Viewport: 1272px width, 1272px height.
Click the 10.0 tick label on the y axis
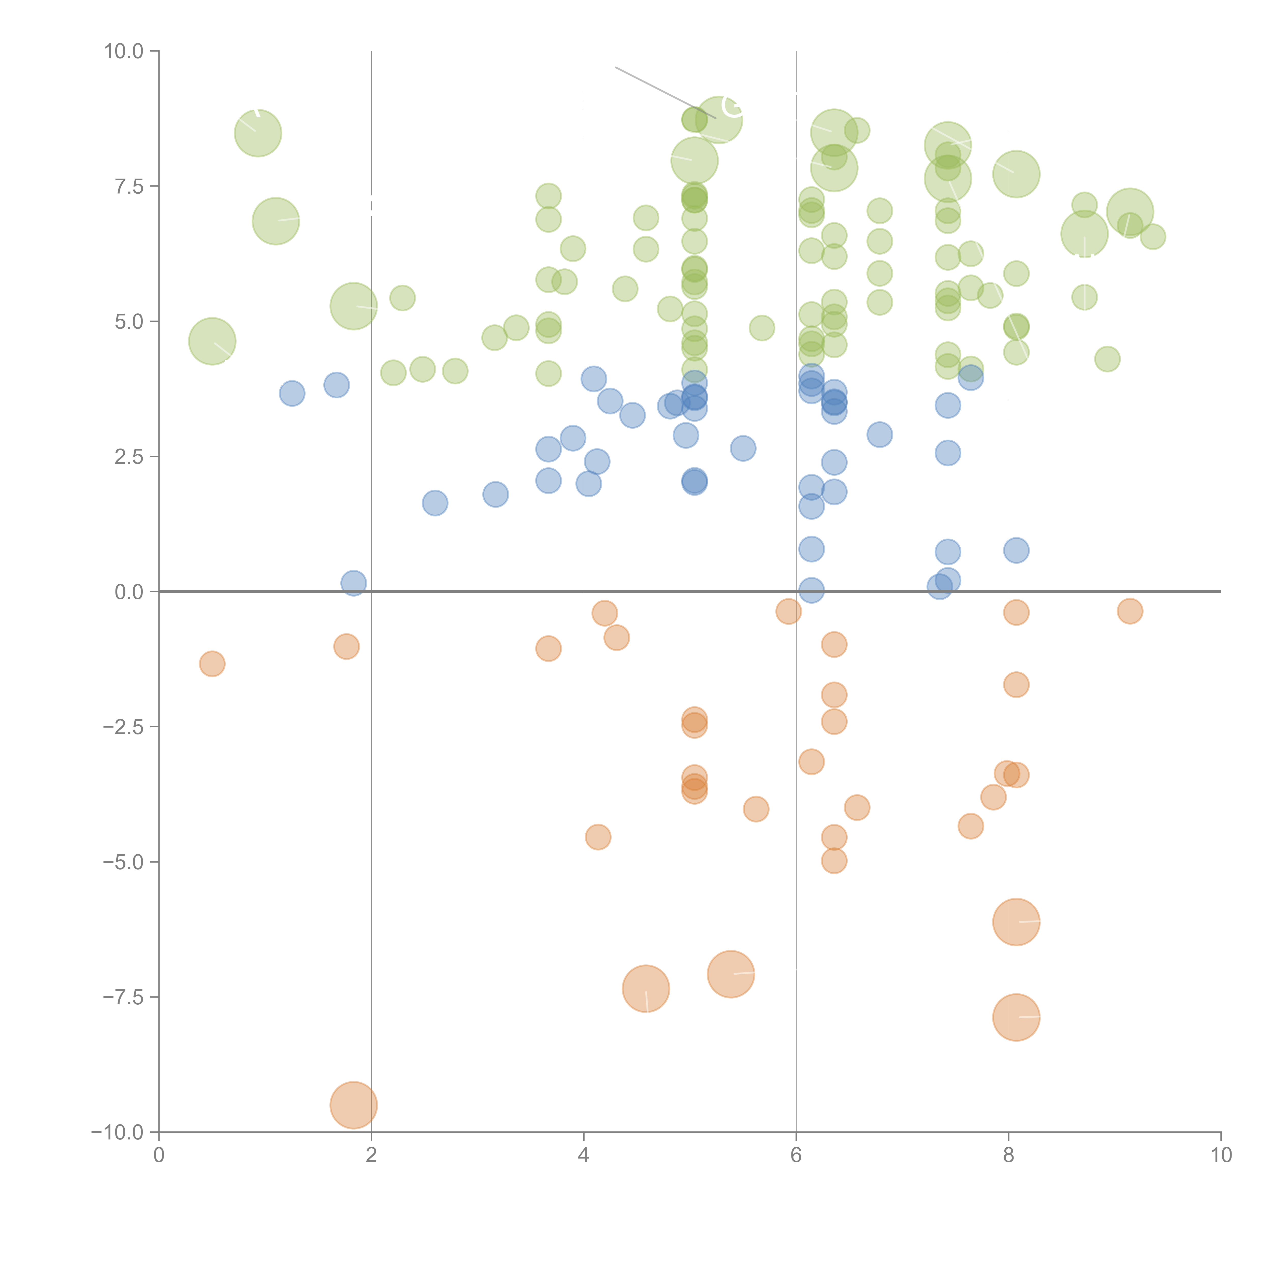click(x=124, y=51)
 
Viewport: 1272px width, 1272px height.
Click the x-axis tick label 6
click(x=796, y=1155)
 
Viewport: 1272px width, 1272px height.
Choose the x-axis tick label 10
click(x=1221, y=1155)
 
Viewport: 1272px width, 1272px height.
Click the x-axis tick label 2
click(x=371, y=1155)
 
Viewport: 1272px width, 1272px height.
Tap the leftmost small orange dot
click(x=212, y=664)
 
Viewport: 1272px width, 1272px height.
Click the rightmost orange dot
click(x=1130, y=611)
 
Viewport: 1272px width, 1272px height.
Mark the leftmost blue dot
click(x=292, y=394)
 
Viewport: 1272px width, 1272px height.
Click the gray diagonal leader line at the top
click(x=665, y=92)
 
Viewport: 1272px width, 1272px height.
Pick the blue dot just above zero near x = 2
click(x=354, y=583)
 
